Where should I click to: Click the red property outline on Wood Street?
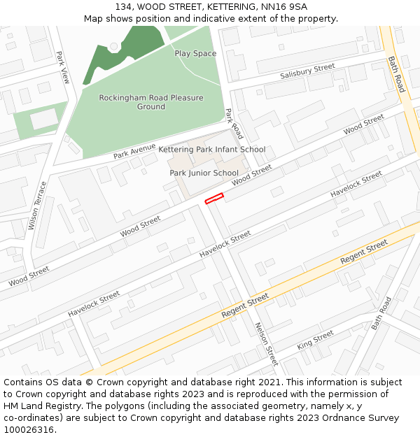[x=213, y=199]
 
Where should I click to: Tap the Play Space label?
[x=195, y=54]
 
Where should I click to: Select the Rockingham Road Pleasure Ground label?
[x=151, y=102]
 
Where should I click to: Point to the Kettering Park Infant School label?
[x=211, y=150]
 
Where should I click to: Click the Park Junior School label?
[x=204, y=173]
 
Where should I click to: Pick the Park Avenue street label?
[x=134, y=150]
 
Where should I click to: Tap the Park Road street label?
[x=234, y=124]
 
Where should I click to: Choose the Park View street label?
[x=63, y=68]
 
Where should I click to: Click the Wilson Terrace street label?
[x=37, y=206]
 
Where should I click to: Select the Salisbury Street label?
[x=307, y=71]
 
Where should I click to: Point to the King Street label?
[x=315, y=341]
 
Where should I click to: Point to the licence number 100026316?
[x=30, y=429]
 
